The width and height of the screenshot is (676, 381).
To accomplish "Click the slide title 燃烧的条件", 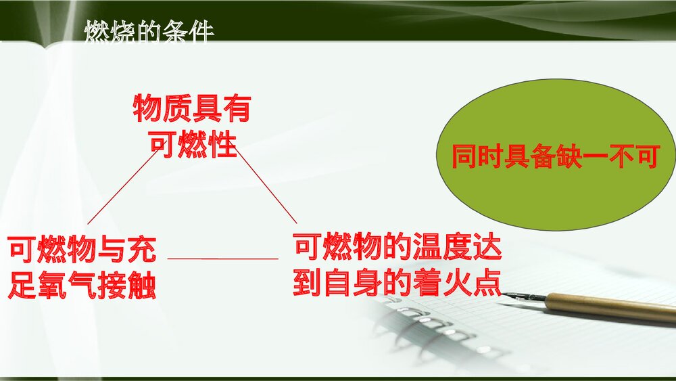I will point(149,32).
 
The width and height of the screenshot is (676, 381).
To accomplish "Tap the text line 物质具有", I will point(192,108).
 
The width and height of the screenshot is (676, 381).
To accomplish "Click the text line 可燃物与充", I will point(82,250).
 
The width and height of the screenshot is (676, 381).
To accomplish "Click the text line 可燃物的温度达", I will point(397,248).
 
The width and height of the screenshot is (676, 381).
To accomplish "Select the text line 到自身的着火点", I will point(397,284).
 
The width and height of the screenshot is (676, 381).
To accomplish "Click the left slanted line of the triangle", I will point(123,187).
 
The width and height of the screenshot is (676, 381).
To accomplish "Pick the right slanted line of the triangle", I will point(266,187).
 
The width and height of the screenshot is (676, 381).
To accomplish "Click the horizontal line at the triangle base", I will point(222,259).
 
